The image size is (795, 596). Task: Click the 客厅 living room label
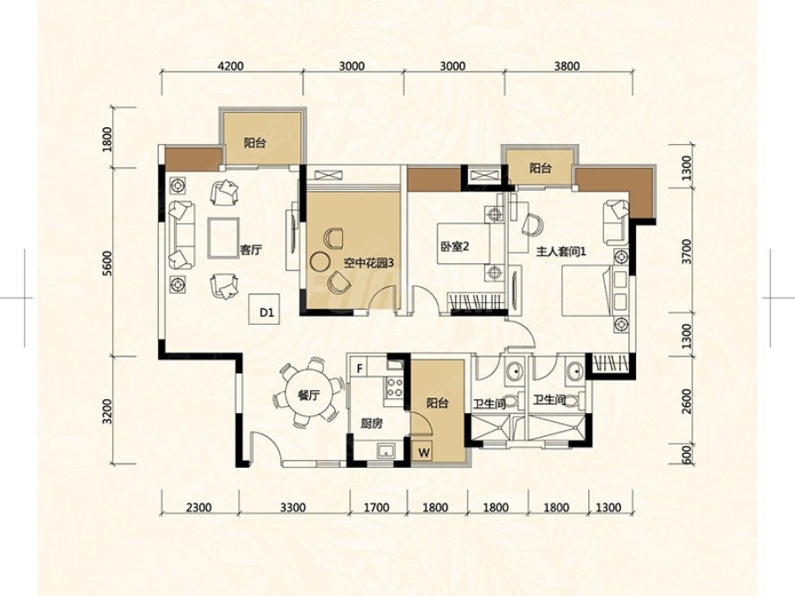tap(251, 249)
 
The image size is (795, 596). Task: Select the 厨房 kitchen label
tap(371, 423)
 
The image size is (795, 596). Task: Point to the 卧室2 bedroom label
tap(454, 247)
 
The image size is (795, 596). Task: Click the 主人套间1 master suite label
tap(561, 251)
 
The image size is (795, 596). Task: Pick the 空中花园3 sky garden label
tap(368, 263)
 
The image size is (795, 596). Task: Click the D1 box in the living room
tap(267, 309)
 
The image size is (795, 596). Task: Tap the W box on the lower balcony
tap(424, 451)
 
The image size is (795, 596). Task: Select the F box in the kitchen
tap(360, 368)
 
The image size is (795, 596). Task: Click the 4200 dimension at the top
tap(231, 66)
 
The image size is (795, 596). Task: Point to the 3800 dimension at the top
tap(567, 66)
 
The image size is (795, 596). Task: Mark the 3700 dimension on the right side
tap(686, 252)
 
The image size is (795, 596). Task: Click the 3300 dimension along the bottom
tap(293, 508)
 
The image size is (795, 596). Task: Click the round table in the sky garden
tap(320, 261)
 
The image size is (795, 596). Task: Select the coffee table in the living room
tap(223, 238)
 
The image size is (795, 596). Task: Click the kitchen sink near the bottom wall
tap(387, 450)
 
